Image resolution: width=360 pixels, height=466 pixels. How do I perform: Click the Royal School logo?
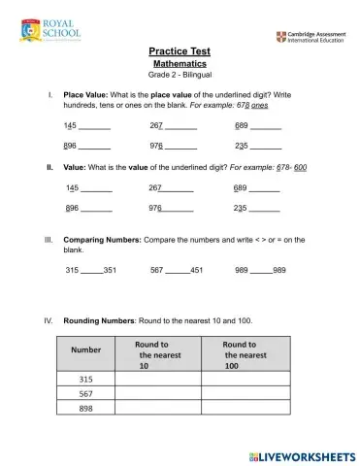click(x=39, y=30)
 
